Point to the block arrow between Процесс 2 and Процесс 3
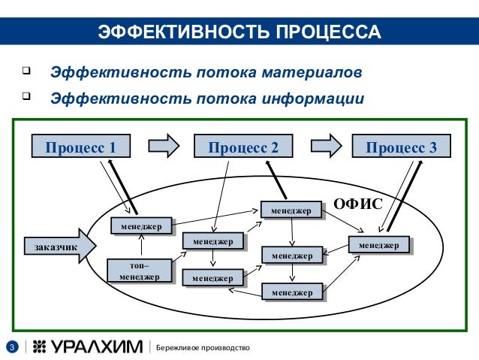(x=326, y=146)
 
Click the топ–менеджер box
(x=139, y=271)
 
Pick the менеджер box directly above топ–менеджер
(x=140, y=225)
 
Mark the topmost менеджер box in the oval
(x=291, y=210)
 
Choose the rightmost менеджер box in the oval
(x=379, y=245)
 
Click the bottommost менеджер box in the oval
(x=291, y=292)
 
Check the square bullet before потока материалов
(x=26, y=73)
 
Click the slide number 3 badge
(x=12, y=346)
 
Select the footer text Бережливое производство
(x=203, y=346)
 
